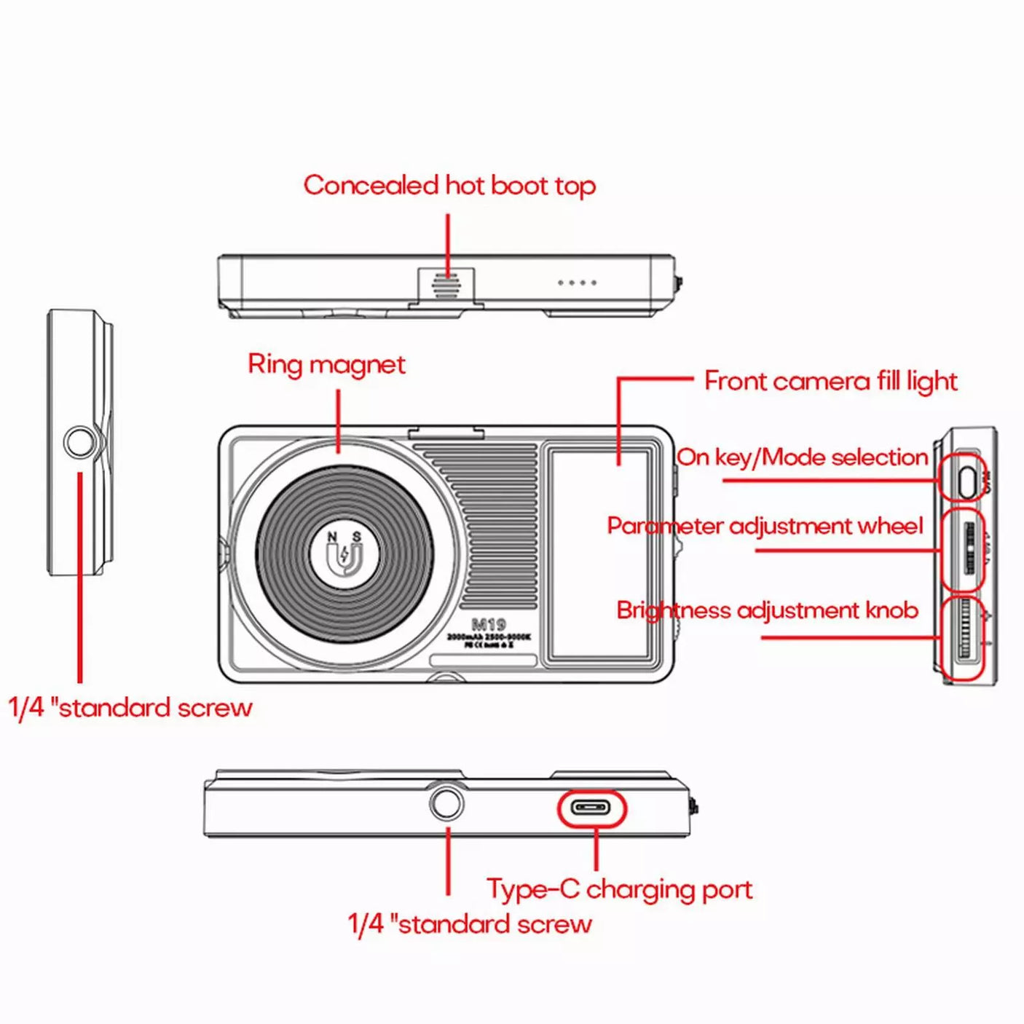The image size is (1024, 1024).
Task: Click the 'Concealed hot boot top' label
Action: pyautogui.click(x=449, y=186)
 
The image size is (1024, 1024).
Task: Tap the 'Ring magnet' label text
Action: pyautogui.click(x=326, y=364)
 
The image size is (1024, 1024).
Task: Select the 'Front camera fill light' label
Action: pyautogui.click(x=830, y=381)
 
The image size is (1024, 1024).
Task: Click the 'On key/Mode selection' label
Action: pyautogui.click(x=802, y=457)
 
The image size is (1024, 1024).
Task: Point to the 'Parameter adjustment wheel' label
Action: pyautogui.click(x=765, y=526)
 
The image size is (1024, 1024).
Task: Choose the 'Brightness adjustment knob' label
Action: pyautogui.click(x=767, y=610)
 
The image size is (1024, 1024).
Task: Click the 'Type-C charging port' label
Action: pyautogui.click(x=619, y=889)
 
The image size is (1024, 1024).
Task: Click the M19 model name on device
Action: pyautogui.click(x=489, y=625)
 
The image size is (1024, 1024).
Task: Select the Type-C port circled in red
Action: pyautogui.click(x=591, y=808)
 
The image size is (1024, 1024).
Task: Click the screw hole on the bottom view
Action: pyautogui.click(x=446, y=803)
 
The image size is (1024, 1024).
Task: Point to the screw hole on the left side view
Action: pyautogui.click(x=79, y=441)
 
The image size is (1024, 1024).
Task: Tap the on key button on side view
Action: pyautogui.click(x=966, y=481)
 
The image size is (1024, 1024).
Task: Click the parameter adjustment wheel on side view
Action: pyautogui.click(x=969, y=548)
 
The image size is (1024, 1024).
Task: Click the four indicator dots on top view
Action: pyautogui.click(x=577, y=283)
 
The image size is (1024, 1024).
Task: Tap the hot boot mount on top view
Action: pyautogui.click(x=446, y=285)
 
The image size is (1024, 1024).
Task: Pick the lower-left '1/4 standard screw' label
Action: pyautogui.click(x=130, y=708)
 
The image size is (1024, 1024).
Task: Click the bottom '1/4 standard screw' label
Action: pyautogui.click(x=470, y=924)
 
